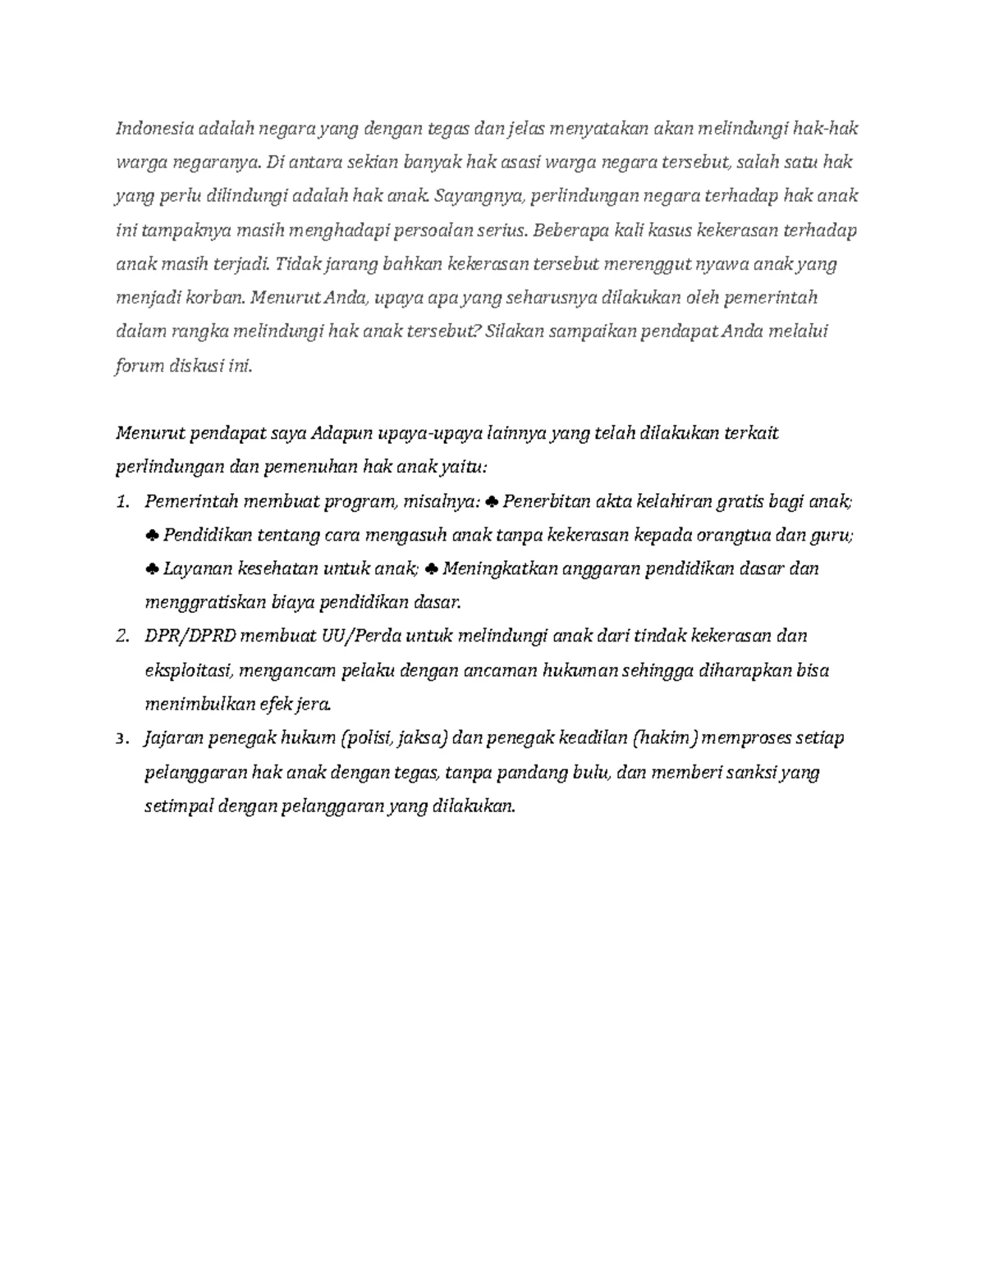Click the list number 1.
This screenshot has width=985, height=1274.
(123, 501)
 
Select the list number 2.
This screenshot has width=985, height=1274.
(123, 636)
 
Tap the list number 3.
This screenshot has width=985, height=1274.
(123, 738)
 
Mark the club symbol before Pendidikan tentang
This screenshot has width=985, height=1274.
(152, 536)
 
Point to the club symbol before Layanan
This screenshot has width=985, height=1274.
(152, 569)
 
